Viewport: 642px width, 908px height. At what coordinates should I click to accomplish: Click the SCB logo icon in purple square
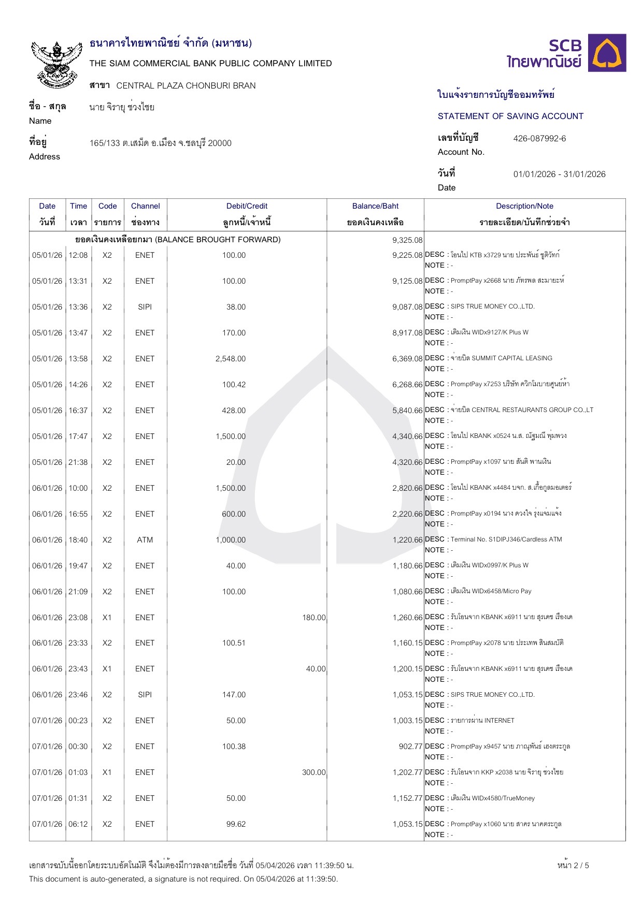pos(608,53)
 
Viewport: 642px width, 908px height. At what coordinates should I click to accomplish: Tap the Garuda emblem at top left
pos(56,64)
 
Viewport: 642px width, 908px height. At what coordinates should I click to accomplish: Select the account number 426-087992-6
pos(539,139)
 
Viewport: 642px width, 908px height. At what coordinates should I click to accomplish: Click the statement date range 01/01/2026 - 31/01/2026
pos(559,174)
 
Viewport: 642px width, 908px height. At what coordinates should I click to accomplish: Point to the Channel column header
pos(145,206)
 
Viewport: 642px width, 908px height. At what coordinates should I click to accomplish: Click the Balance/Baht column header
pos(375,206)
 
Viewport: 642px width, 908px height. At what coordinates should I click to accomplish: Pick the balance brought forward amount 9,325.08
pos(407,240)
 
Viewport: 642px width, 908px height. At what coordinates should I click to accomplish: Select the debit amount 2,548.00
pos(231,359)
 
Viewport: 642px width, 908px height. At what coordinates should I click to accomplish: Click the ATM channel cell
pos(145,540)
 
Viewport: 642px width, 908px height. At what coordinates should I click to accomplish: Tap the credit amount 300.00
pos(313,772)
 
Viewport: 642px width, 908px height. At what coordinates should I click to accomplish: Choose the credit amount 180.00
pos(313,618)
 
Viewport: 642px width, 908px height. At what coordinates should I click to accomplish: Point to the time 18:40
pos(78,540)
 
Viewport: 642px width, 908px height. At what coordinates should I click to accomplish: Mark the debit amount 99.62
pos(236,824)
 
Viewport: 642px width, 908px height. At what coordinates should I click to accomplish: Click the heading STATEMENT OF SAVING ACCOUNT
pos(510,116)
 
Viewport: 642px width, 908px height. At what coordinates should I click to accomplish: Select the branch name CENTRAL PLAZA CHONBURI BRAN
pos(186,86)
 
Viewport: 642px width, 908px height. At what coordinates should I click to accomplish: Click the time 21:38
pos(78,462)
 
